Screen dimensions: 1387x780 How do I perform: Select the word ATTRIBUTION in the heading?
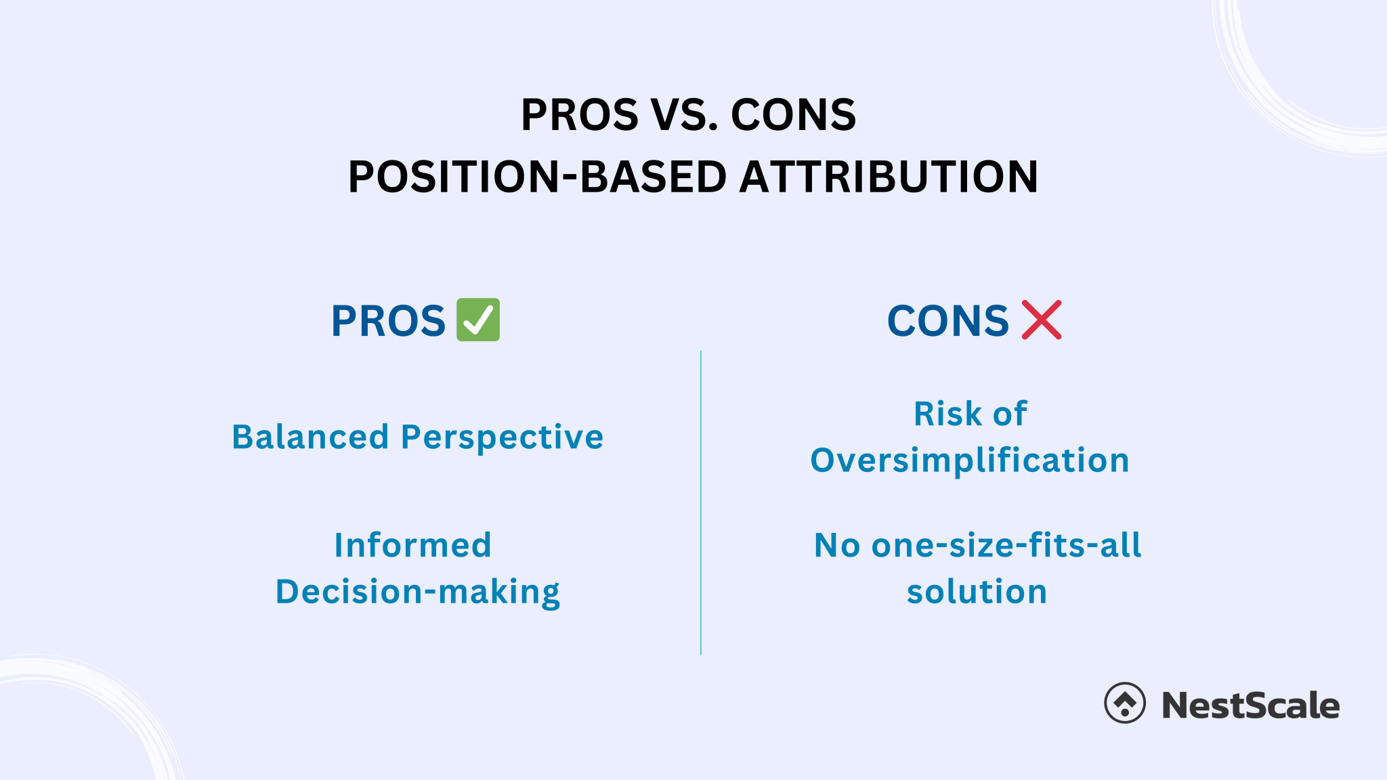889,177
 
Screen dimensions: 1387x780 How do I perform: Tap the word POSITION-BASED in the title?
538,177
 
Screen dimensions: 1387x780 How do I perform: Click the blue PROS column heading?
388,320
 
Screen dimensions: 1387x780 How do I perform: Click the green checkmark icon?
478,320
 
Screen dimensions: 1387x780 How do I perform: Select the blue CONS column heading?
948,320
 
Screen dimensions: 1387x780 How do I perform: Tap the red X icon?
1042,320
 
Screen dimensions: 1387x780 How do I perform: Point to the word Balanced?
310,437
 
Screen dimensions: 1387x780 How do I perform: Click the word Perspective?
502,438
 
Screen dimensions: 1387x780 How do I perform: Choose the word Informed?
413,545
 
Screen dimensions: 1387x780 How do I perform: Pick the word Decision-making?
418,592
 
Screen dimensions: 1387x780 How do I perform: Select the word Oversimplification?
970,460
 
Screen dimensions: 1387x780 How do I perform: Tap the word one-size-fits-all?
1006,545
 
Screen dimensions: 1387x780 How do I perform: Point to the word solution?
977,592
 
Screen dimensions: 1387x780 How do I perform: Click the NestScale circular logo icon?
1125,703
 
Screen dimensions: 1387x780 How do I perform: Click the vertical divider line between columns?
701,502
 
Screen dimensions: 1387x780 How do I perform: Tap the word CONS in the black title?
793,114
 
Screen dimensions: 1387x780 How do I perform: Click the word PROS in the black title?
579,114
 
